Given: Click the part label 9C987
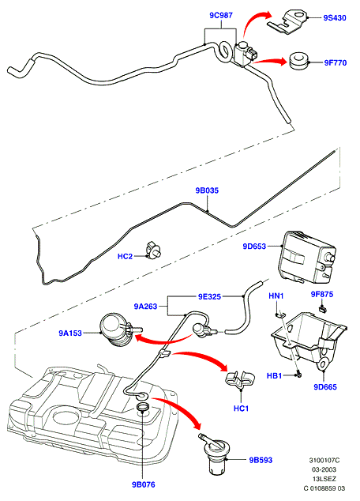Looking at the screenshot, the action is coord(221,15).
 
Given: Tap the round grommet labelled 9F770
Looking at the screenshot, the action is coord(299,61).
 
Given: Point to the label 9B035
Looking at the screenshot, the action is coord(207,190).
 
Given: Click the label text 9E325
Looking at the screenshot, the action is coord(209,297).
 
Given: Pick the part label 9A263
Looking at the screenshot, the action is coord(145,307).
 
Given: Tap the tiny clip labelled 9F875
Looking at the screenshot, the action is coord(323,308).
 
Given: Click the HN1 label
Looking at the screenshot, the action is coord(276,296).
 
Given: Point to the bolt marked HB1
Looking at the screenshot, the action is coord(298,374).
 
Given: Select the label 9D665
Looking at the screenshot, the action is coord(325,387).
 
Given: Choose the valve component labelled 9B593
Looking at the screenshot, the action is coord(214,453).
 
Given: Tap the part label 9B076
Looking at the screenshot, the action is coord(144,484).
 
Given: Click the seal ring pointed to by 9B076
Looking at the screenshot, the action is coord(143,408).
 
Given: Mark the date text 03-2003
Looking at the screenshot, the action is coord(324,469).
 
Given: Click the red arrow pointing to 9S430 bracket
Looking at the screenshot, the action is coord(253,20).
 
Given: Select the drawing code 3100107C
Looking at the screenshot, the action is coord(324,461).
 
